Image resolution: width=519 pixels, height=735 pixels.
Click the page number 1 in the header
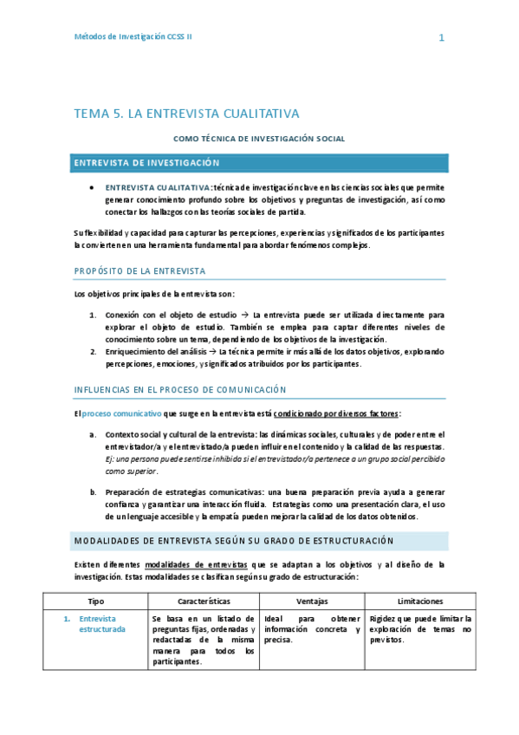pyautogui.click(x=441, y=38)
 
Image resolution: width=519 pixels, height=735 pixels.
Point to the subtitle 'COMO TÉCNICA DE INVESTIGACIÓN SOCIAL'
pyautogui.click(x=259, y=138)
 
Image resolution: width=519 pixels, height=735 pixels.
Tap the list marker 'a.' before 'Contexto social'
pyautogui.click(x=93, y=434)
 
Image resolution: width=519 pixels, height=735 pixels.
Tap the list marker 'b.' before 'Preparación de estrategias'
pyautogui.click(x=93, y=492)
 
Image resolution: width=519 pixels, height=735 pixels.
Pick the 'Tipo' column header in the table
pyautogui.click(x=95, y=601)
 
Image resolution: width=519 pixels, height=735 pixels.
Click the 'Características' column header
pyautogui.click(x=204, y=601)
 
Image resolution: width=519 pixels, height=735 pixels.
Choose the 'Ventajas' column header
pyautogui.click(x=312, y=601)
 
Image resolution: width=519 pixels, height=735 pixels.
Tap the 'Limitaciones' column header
pyautogui.click(x=420, y=601)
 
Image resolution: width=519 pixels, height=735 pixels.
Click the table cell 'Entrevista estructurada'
pyautogui.click(x=102, y=624)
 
